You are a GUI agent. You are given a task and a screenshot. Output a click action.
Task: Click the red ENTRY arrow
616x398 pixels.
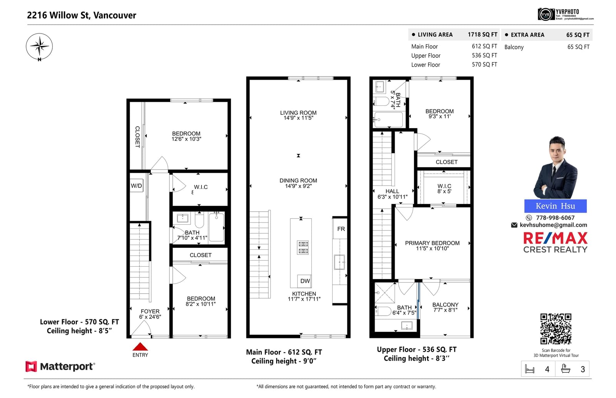(x=140, y=346)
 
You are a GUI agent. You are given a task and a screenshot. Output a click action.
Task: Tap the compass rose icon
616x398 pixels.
(x=39, y=47)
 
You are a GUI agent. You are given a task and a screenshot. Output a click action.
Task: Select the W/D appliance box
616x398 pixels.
(x=136, y=186)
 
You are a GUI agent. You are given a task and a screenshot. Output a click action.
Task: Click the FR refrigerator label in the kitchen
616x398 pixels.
(x=341, y=229)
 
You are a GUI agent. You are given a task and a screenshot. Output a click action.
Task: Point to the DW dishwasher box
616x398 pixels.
(x=305, y=281)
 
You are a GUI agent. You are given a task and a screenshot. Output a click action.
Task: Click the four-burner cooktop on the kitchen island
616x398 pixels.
(x=303, y=247)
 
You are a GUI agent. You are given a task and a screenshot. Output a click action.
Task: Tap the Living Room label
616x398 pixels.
(x=298, y=113)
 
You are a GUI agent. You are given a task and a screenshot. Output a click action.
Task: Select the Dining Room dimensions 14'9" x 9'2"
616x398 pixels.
(x=298, y=186)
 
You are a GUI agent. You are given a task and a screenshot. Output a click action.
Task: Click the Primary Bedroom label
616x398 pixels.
(x=432, y=243)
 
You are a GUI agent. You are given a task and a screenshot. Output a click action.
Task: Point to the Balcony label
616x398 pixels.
(x=445, y=304)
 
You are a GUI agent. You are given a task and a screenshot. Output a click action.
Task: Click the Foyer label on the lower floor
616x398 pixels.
(x=150, y=311)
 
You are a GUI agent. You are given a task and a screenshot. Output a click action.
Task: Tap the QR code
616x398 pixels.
(x=556, y=329)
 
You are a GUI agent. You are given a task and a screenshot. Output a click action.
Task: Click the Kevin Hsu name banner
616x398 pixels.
(x=556, y=206)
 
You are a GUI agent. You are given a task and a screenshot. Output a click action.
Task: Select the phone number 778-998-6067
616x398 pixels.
(x=555, y=218)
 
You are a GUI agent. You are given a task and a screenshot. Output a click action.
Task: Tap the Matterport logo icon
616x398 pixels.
(x=31, y=366)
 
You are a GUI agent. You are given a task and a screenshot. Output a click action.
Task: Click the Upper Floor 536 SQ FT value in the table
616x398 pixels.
(x=485, y=55)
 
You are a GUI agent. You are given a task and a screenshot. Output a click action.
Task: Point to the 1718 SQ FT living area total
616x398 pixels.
(x=483, y=35)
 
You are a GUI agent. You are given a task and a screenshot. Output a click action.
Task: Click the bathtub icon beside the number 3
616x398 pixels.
(x=566, y=369)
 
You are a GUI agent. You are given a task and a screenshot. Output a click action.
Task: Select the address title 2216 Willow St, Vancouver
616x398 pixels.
(x=82, y=15)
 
